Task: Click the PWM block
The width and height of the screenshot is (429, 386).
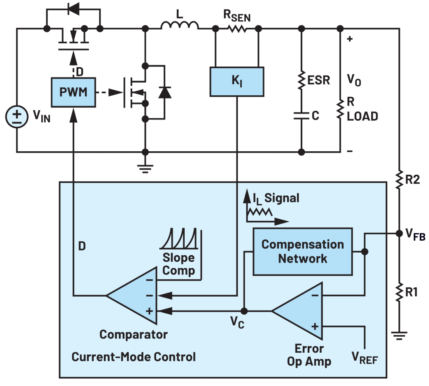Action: click(73, 92)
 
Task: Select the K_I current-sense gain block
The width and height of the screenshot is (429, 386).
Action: click(237, 81)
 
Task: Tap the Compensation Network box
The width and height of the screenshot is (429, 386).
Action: click(303, 251)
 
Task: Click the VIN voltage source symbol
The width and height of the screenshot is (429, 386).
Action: click(17, 116)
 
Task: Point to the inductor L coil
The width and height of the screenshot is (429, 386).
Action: click(180, 25)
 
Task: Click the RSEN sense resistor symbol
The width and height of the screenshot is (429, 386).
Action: click(238, 28)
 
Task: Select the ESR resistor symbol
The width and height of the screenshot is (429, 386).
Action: click(301, 80)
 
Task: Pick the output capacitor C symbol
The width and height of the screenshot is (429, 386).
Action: click(301, 116)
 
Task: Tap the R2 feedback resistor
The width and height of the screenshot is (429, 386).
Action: click(399, 179)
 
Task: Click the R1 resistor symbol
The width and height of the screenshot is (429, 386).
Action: click(399, 292)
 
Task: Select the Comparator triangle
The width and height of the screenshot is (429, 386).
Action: click(131, 295)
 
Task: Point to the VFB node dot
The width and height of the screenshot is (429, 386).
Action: click(399, 234)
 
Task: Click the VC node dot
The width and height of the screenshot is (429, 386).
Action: click(244, 311)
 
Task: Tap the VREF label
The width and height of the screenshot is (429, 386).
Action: click(365, 358)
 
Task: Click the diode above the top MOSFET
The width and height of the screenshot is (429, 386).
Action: click(73, 9)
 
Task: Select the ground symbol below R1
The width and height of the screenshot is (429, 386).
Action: click(399, 336)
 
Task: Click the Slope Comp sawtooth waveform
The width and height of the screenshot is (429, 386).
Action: click(179, 239)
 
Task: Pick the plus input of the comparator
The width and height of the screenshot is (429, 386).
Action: click(149, 311)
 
